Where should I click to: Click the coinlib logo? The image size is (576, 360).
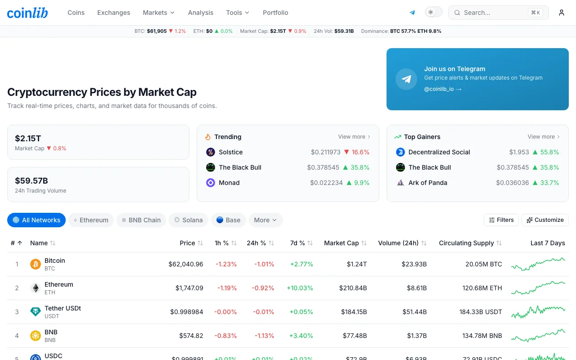pos(27,13)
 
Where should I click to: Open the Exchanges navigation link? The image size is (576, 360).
pos(114,13)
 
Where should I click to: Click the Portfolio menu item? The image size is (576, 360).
pos(275,13)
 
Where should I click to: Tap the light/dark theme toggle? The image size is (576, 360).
pos(434,12)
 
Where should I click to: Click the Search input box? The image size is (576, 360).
pos(498,13)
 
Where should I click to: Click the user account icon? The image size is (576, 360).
pos(561,13)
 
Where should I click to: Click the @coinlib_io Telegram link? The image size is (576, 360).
pos(442,89)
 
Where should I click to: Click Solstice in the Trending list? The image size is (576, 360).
pos(231,152)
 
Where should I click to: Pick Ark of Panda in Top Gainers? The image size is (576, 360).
pos(428,183)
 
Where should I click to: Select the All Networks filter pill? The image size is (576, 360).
pos(36,220)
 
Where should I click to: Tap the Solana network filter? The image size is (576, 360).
pos(189,220)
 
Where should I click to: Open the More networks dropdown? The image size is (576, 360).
pos(265,220)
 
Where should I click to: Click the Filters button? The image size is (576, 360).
pos(501,220)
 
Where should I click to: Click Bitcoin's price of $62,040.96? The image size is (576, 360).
pos(186,264)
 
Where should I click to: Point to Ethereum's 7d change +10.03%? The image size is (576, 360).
pos(300,288)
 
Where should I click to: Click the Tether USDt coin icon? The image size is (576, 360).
pos(36,312)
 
